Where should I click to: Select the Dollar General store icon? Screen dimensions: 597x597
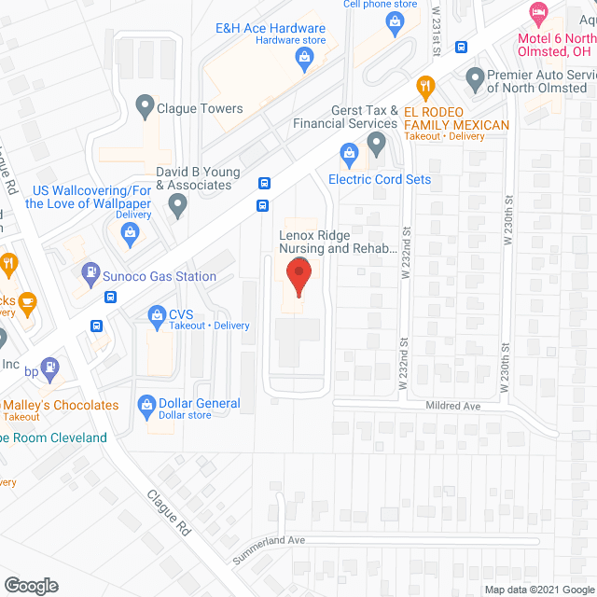point(146,404)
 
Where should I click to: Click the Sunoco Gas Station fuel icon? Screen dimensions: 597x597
point(90,273)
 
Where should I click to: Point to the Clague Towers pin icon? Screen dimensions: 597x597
point(145,107)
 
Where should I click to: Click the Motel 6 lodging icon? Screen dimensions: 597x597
point(538,13)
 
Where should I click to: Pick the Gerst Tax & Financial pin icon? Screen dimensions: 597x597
point(376,144)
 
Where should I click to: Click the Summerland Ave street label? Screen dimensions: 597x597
point(271,541)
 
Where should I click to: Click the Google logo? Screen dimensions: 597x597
point(31,586)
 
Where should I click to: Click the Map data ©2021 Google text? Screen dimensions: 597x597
point(539,590)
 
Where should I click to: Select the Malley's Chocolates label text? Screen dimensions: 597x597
point(62,405)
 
